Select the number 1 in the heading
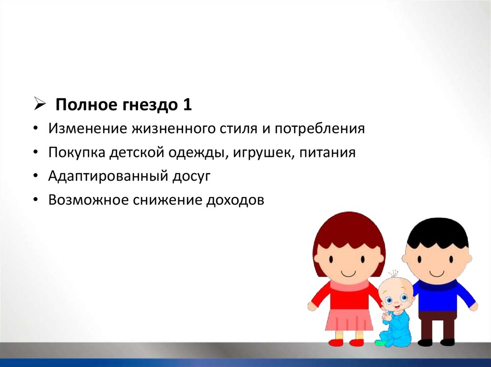click(187, 104)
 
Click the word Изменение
click(87, 128)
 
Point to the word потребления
click(320, 129)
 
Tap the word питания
click(327, 153)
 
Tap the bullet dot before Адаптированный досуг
click(36, 177)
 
